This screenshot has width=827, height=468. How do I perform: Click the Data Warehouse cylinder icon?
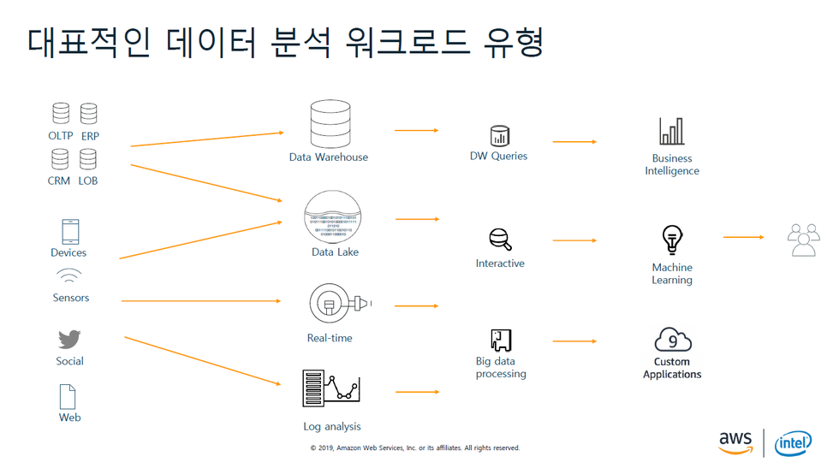(x=330, y=123)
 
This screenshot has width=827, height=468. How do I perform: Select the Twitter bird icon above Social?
(x=69, y=339)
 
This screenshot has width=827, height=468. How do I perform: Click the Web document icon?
(x=68, y=396)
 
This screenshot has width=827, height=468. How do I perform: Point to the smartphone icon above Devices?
(x=69, y=232)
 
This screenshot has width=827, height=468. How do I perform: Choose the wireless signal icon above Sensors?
(x=69, y=276)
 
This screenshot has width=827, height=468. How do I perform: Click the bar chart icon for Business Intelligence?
(x=672, y=132)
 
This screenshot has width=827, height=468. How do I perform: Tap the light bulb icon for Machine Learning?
(x=672, y=240)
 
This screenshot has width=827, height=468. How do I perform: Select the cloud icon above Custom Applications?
(x=672, y=340)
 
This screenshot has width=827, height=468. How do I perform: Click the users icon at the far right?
(x=803, y=240)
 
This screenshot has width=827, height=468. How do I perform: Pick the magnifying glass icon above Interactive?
(x=500, y=239)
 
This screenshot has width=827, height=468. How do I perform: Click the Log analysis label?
(x=332, y=427)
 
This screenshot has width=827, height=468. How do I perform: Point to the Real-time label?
(x=330, y=338)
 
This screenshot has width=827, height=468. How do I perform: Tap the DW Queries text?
(x=498, y=157)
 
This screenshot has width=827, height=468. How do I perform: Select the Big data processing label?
(x=501, y=368)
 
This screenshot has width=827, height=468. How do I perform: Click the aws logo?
(x=735, y=441)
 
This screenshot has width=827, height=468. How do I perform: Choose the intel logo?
(x=793, y=443)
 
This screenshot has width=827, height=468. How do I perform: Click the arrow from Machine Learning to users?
(x=744, y=237)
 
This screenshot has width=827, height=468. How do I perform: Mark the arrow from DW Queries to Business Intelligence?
(x=574, y=141)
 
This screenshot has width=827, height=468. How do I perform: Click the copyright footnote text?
(x=414, y=448)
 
